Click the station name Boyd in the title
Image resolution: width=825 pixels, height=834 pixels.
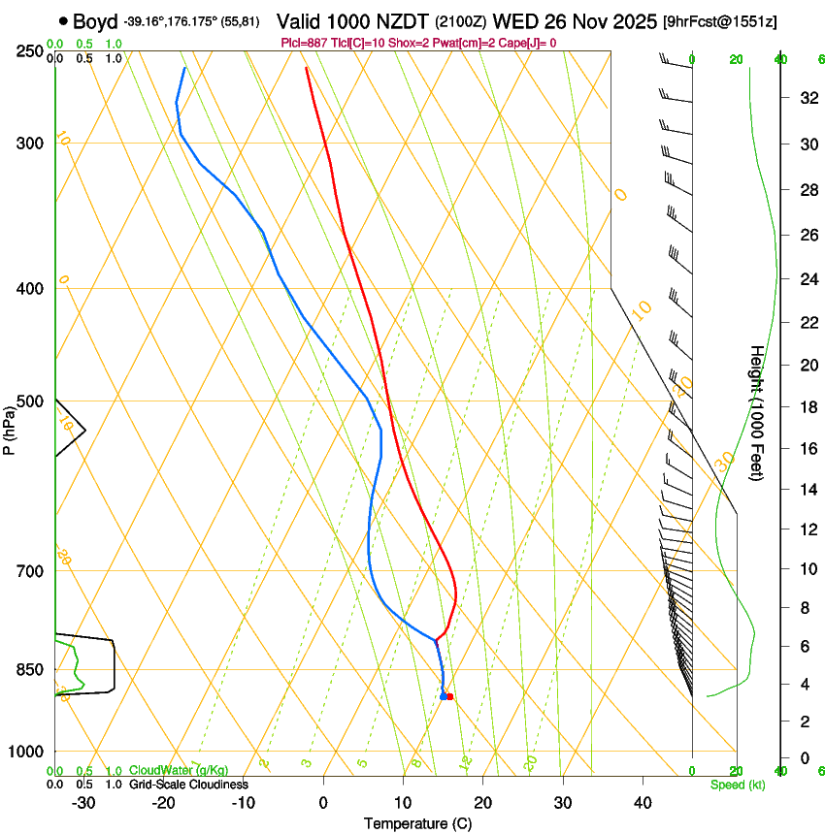tap(95, 21)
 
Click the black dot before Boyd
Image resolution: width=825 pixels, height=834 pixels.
tap(63, 21)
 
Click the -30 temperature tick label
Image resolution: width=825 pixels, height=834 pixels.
tap(82, 803)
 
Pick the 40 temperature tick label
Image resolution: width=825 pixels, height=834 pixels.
tap(643, 803)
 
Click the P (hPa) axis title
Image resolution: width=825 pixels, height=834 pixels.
tap(10, 427)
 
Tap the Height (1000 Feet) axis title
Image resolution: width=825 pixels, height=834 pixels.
tap(757, 413)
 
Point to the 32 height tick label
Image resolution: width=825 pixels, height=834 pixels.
tap(779, 97)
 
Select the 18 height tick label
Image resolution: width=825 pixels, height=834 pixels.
tap(779, 407)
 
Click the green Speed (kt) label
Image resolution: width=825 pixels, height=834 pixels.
tap(737, 785)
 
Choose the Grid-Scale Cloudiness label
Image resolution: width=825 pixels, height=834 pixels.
tap(188, 785)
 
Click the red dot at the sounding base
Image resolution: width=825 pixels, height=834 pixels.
tap(449, 696)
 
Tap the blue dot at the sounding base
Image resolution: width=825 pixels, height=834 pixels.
tap(443, 696)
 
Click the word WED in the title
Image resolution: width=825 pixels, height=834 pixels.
tap(514, 21)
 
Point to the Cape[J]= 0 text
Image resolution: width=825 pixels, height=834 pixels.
tap(529, 43)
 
